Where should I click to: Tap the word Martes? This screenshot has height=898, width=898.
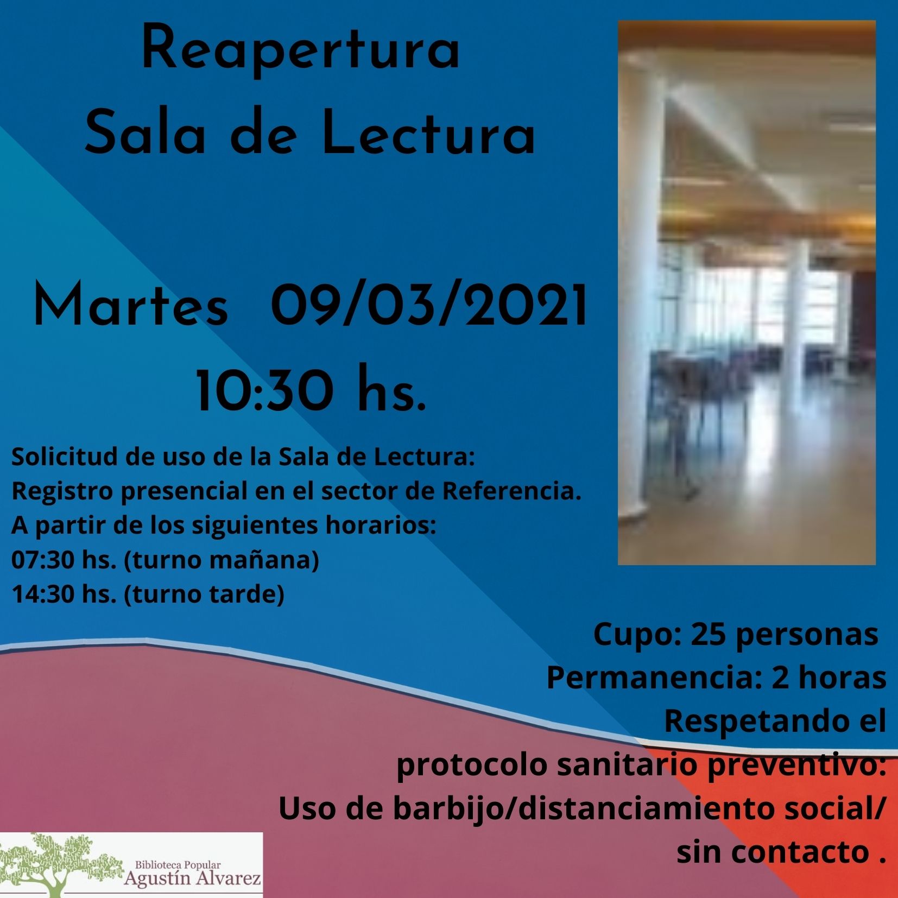click(131, 306)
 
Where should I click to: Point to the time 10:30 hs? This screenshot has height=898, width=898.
click(311, 390)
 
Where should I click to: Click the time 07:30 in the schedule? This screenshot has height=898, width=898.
click(42, 560)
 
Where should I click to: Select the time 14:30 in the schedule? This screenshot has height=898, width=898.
click(42, 594)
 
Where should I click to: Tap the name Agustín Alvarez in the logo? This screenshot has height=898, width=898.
click(192, 879)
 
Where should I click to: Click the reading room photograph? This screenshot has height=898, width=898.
click(747, 293)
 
